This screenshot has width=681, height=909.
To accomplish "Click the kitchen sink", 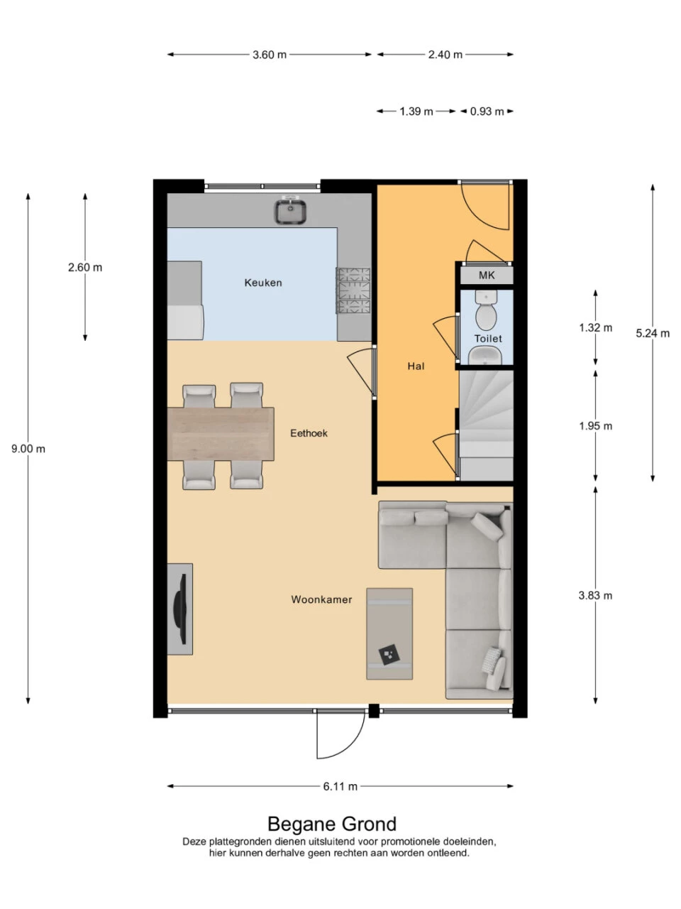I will pos(290,211).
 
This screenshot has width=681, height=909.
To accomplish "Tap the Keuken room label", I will pos(263,283).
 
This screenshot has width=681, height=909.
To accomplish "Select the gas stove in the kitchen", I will pos(353,290).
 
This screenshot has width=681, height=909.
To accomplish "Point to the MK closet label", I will pos(487,276).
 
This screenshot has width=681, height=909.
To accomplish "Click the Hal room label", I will pos(416,366).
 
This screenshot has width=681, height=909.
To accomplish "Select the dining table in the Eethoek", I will pos(221,433).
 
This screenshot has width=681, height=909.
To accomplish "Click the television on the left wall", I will pos(180,609).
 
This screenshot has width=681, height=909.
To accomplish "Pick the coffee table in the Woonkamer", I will pos(389,633).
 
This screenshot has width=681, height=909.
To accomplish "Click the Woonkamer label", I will pos(321,599).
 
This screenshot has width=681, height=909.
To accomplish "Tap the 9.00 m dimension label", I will pos(28,449).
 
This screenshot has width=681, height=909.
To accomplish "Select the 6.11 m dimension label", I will pos(340,786).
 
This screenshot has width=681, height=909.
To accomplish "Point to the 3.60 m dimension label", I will pos(270,55).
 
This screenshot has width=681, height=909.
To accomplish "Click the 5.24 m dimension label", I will pos(653,333).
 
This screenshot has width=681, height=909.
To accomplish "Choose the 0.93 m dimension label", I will pos(487,111).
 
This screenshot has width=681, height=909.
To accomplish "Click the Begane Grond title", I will pos(332,824).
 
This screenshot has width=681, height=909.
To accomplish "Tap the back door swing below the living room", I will pos(340,735).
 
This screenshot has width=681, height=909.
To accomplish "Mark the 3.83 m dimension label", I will pos(595,595).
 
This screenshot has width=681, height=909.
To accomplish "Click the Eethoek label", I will pos(309,433).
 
